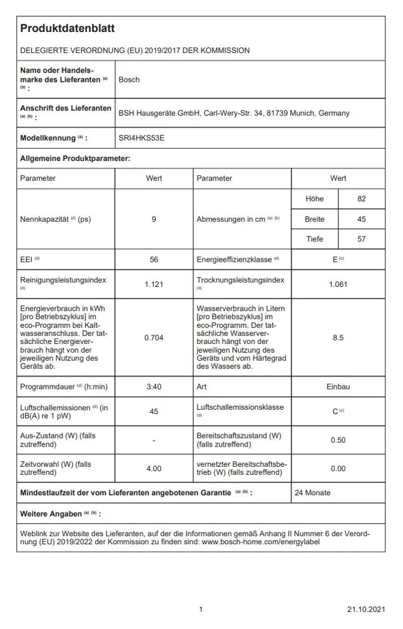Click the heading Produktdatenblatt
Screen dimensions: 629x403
[67, 29]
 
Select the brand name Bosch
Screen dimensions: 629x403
[129, 80]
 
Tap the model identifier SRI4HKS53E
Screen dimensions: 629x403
[141, 138]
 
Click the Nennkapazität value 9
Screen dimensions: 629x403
[154, 219]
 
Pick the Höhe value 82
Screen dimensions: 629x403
[361, 199]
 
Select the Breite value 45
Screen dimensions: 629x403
[361, 219]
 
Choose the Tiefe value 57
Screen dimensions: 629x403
[361, 239]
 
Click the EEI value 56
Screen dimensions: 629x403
[154, 260]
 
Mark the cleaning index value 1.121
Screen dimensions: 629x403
[154, 284]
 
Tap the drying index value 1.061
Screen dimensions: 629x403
[338, 284]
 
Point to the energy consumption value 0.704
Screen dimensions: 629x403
[154, 338]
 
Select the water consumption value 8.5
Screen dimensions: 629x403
[338, 338]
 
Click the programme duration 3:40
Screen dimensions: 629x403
[154, 387]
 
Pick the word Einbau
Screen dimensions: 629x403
[338, 387]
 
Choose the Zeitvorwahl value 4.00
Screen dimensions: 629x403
[154, 469]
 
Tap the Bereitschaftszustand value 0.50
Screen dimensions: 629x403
[338, 440]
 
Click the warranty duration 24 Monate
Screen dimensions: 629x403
[312, 493]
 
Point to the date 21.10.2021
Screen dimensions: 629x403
[366, 609]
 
